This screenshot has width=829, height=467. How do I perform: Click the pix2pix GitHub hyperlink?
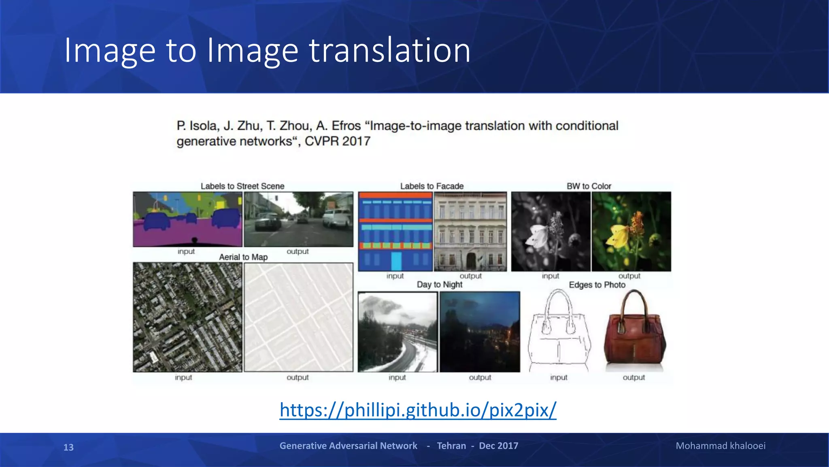[418, 410]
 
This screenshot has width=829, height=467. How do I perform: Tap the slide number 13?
[68, 447]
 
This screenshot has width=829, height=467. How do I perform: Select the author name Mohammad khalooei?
[721, 446]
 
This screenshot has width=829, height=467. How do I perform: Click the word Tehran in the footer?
[451, 446]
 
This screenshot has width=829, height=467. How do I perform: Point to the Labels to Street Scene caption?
[242, 186]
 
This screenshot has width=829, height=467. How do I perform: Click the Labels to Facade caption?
[432, 186]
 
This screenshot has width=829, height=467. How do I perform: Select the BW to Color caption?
[589, 186]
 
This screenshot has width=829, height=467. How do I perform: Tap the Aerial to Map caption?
[243, 257]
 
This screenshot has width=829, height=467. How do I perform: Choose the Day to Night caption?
[440, 285]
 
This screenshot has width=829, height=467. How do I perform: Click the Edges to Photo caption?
[597, 285]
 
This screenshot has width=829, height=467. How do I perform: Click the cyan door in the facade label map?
[396, 261]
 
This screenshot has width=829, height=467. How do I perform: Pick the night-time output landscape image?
[480, 332]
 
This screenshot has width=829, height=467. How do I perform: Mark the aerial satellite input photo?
[187, 317]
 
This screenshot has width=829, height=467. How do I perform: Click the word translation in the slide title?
[389, 50]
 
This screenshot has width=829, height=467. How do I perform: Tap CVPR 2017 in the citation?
[338, 141]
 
